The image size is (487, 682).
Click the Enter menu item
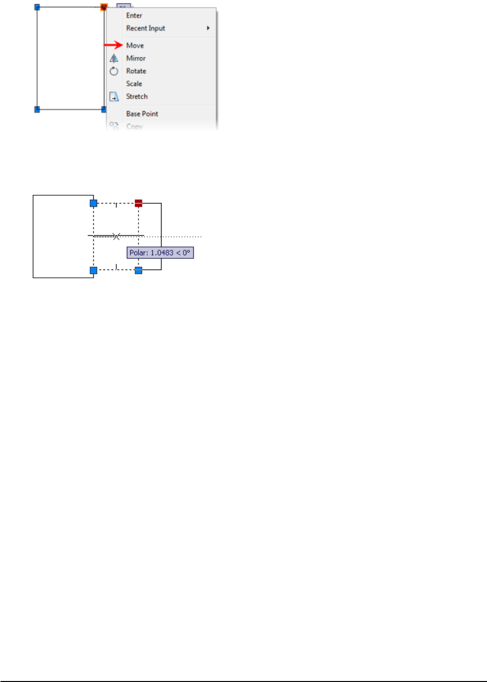pos(134,16)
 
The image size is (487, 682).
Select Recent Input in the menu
pos(145,28)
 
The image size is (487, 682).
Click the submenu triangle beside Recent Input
pos(208,28)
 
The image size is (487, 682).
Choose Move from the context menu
pos(135,45)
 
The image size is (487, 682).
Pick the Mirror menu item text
pos(136,58)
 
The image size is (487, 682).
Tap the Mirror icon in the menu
pos(114,59)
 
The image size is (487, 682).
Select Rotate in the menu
pos(136,71)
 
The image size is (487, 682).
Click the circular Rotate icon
pos(114,71)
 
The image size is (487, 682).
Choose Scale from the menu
pos(134,83)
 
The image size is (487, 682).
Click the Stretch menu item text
pos(137,96)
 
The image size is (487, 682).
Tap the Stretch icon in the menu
pos(114,97)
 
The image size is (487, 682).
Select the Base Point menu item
pos(142,114)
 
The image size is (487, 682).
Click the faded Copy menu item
pos(134,126)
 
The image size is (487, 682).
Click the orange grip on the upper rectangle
pos(103,7)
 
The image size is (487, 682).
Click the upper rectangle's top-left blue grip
pos(37,7)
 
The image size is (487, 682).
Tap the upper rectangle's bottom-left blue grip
pos(37,109)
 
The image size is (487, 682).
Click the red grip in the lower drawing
pos(139,203)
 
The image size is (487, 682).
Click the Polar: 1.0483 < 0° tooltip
pos(160,253)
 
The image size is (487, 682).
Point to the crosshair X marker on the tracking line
pos(116,237)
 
